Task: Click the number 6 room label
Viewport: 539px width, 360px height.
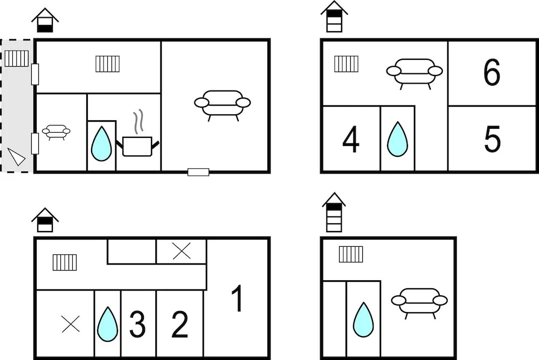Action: point(492,72)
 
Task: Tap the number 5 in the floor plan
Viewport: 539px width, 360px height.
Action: point(492,139)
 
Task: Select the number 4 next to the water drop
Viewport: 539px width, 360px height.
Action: point(351,139)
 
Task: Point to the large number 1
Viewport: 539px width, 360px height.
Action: point(238,298)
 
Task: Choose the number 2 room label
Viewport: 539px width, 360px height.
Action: point(179,324)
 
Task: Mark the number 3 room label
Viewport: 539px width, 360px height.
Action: point(137,324)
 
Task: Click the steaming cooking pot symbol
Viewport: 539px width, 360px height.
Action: point(137,137)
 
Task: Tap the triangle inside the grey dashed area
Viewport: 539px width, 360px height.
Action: point(16,157)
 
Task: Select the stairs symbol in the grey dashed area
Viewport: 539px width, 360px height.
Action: point(17,58)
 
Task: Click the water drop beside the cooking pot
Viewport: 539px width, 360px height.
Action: point(101,144)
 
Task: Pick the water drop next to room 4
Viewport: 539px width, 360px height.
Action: point(397,139)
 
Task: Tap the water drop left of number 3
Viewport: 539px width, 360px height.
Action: point(108,324)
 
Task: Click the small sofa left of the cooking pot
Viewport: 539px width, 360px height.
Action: point(56,132)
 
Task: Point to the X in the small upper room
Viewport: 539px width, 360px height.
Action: point(182,251)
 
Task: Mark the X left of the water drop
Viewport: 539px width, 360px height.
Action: point(71,324)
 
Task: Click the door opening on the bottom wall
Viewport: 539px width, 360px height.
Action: point(198,172)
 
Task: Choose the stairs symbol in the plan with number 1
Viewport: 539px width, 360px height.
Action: point(65,262)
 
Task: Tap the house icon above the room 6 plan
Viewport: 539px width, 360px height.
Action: point(334,17)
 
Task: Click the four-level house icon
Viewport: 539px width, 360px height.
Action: point(334,212)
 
